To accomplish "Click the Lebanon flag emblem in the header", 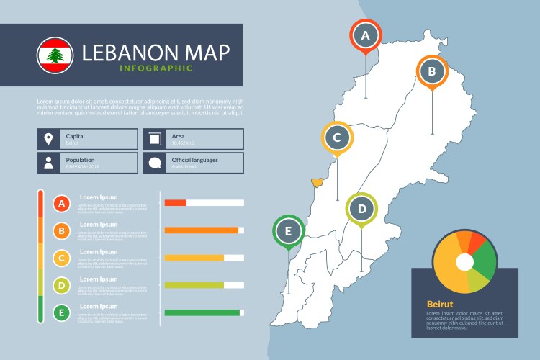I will point(55,55).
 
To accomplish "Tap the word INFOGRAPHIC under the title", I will point(157,68).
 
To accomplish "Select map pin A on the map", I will point(365,35).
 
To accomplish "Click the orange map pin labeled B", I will point(432,71).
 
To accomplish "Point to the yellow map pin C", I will point(336,137).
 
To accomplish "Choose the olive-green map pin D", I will point(362,210).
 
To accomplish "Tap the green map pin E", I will point(289,231).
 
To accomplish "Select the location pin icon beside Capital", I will point(48,139).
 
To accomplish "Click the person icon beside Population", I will point(48,163).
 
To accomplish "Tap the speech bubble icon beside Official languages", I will point(154,163).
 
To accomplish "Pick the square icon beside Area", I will point(154,139).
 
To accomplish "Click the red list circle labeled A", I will point(63,204).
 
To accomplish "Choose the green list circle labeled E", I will point(63,312).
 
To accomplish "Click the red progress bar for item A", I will point(176,203).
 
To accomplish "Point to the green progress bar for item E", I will point(202,312).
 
